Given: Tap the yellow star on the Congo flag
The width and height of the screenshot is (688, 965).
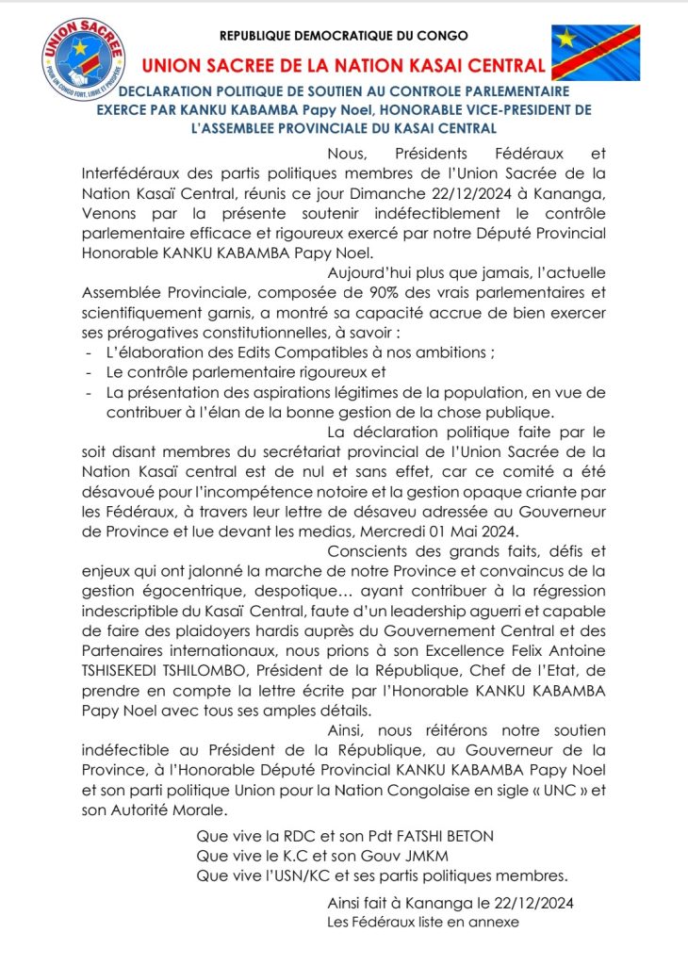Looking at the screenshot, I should click(566, 40).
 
